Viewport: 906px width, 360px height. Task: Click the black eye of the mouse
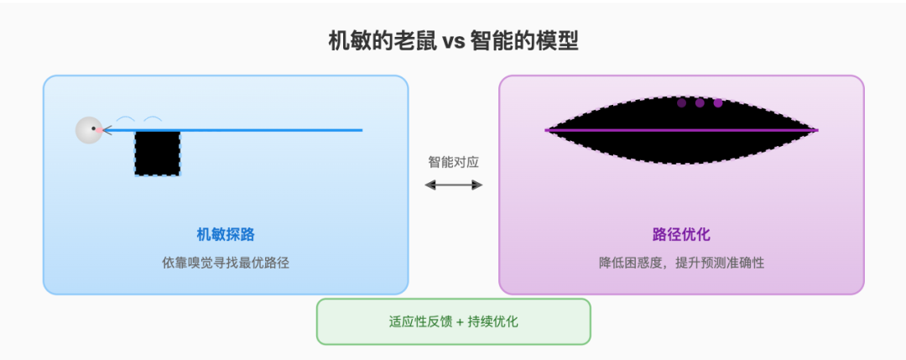click(93, 128)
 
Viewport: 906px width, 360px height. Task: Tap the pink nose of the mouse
click(99, 131)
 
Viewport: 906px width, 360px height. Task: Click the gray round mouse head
click(89, 130)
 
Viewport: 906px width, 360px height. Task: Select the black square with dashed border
click(157, 153)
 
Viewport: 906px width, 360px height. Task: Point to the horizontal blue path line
click(233, 130)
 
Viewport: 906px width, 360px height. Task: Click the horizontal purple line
click(682, 130)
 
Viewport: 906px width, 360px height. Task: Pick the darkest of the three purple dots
click(682, 103)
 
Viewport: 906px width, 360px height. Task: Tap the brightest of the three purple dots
click(718, 103)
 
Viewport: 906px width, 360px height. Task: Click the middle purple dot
click(700, 103)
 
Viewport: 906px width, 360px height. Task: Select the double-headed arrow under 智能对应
click(454, 185)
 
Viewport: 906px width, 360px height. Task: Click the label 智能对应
click(454, 162)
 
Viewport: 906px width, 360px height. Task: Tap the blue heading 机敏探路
click(226, 235)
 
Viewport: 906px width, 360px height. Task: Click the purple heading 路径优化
click(681, 235)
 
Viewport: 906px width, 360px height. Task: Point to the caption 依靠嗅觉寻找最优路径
click(226, 263)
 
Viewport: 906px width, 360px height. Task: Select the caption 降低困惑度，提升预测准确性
click(682, 263)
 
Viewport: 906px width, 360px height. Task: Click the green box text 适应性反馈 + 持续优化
click(454, 322)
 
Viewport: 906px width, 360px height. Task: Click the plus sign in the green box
click(460, 322)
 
